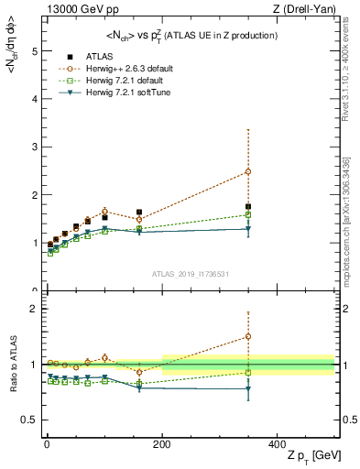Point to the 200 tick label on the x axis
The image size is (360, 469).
[162, 442]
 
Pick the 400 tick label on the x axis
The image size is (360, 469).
[277, 442]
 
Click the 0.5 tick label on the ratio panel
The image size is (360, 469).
[28, 420]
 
